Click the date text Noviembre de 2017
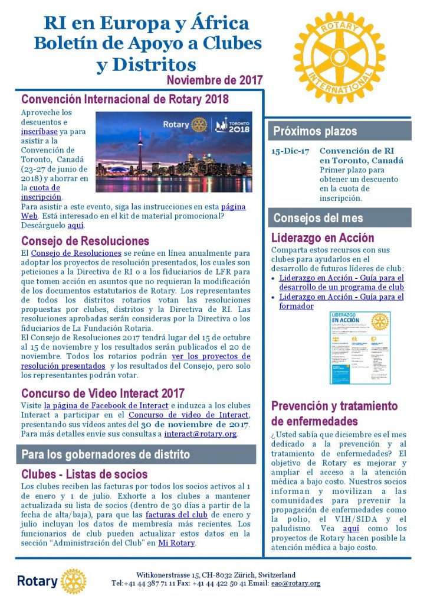(214, 80)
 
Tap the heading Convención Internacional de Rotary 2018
(124, 99)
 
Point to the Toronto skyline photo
(173, 152)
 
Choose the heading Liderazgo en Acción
(323, 238)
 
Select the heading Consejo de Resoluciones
(85, 241)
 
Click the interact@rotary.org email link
(201, 434)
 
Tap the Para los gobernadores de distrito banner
(136, 454)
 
